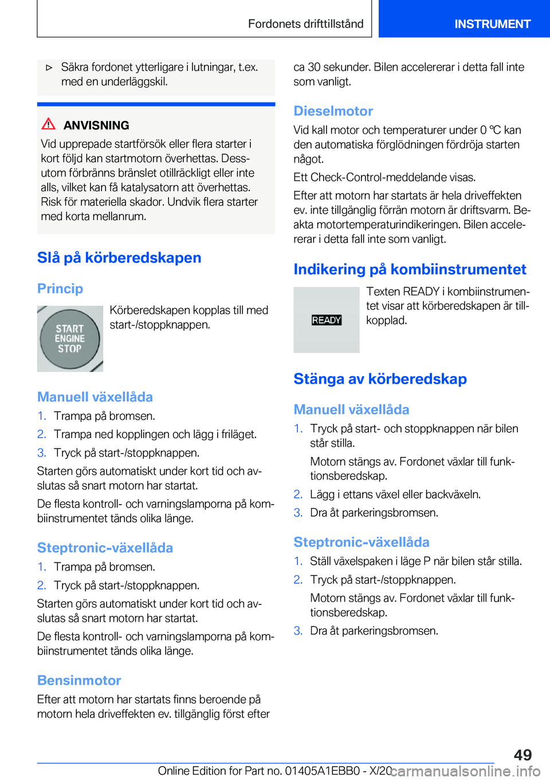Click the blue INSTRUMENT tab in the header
[492, 24]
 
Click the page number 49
[522, 755]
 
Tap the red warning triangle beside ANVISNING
[49, 124]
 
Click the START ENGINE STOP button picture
[70, 338]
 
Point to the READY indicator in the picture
[327, 320]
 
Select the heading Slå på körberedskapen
[119, 257]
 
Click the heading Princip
[60, 288]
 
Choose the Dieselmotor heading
[333, 111]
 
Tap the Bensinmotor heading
[79, 680]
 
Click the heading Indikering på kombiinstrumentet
[410, 269]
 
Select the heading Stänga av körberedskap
[380, 378]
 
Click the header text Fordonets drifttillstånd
[305, 24]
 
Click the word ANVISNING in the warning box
[96, 125]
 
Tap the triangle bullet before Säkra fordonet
[49, 68]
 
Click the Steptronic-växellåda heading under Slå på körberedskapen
[105, 548]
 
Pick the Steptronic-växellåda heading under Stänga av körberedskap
[361, 542]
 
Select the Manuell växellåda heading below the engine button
[95, 397]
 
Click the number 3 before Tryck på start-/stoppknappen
[41, 452]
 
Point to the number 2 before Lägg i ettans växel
[298, 494]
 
